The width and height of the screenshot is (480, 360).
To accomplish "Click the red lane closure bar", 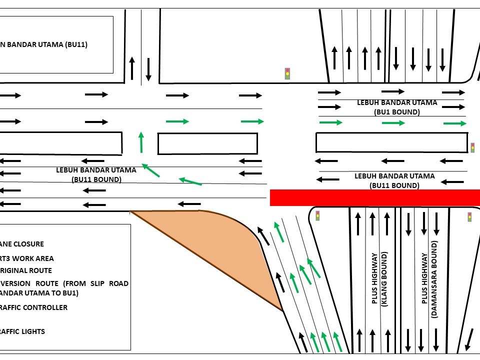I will pyautogui.click(x=375, y=197).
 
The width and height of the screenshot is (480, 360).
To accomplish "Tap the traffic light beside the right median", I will pyautogui.click(x=472, y=147).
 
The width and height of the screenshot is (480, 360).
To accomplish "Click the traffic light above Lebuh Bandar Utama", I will pyautogui.click(x=287, y=73).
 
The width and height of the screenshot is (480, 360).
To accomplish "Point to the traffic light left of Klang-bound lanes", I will pyautogui.click(x=317, y=215).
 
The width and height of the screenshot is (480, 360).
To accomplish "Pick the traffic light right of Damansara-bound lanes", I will pyautogui.click(x=469, y=216).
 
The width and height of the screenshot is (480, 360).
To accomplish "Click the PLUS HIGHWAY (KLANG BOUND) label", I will pyautogui.click(x=379, y=278).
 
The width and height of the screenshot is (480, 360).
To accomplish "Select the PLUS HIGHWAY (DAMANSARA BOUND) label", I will pyautogui.click(x=429, y=279).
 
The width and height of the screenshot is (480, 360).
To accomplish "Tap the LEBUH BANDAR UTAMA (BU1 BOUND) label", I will pyautogui.click(x=397, y=107).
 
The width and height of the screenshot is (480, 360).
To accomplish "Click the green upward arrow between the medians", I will pyautogui.click(x=141, y=142).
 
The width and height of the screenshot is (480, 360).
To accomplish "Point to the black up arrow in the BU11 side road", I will pyautogui.click(x=132, y=68).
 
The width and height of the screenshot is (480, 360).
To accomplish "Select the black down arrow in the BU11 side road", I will pyautogui.click(x=148, y=69).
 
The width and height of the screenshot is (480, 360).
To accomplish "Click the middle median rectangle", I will pyautogui.click(x=207, y=143).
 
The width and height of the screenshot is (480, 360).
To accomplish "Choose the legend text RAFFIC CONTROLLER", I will pyautogui.click(x=33, y=307).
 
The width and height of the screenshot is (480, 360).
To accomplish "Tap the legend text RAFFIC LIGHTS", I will pyautogui.click(x=22, y=331).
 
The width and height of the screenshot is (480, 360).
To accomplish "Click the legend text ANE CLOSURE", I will pyautogui.click(x=22, y=244).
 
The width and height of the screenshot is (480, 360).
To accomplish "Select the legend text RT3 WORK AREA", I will pyautogui.click(x=27, y=258).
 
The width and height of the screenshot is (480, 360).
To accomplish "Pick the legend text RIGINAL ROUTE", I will pyautogui.click(x=26, y=270).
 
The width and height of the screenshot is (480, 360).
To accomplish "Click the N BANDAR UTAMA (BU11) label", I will pyautogui.click(x=44, y=44).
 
